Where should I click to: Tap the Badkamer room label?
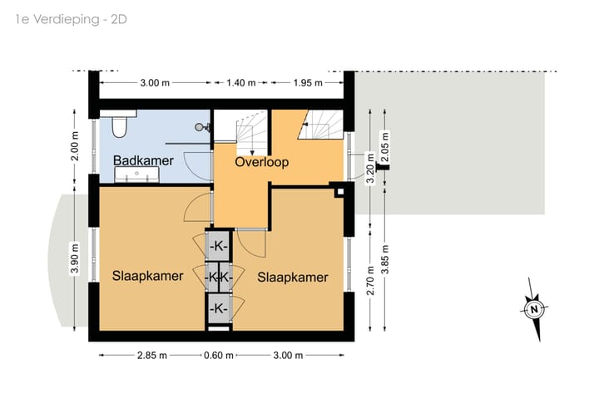click(144, 161)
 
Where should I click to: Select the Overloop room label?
click(261, 162)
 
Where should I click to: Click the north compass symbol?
click(532, 310)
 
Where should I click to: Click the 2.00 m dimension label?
click(75, 146)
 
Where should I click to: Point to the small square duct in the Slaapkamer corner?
click(339, 190)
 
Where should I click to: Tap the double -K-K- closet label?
click(218, 277)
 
